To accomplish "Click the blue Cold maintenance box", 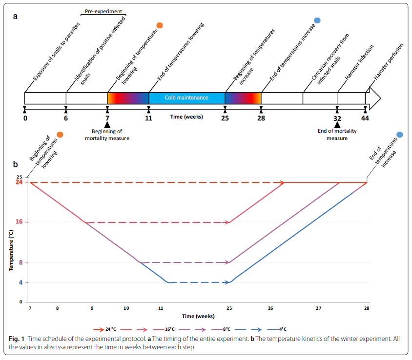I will coord(186,98).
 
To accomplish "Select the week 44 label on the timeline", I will coord(365,118).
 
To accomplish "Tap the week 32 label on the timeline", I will coord(337,118).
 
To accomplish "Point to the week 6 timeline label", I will coord(66,118).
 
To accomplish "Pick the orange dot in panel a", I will coord(159,25).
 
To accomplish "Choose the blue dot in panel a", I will coord(317,20).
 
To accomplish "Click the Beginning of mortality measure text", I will coord(107,135).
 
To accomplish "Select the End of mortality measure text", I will coord(336,135).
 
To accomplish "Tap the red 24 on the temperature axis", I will coord(20,182).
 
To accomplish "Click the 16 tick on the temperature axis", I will coord(20,222).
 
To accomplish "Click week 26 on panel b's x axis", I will coord(270,309).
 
